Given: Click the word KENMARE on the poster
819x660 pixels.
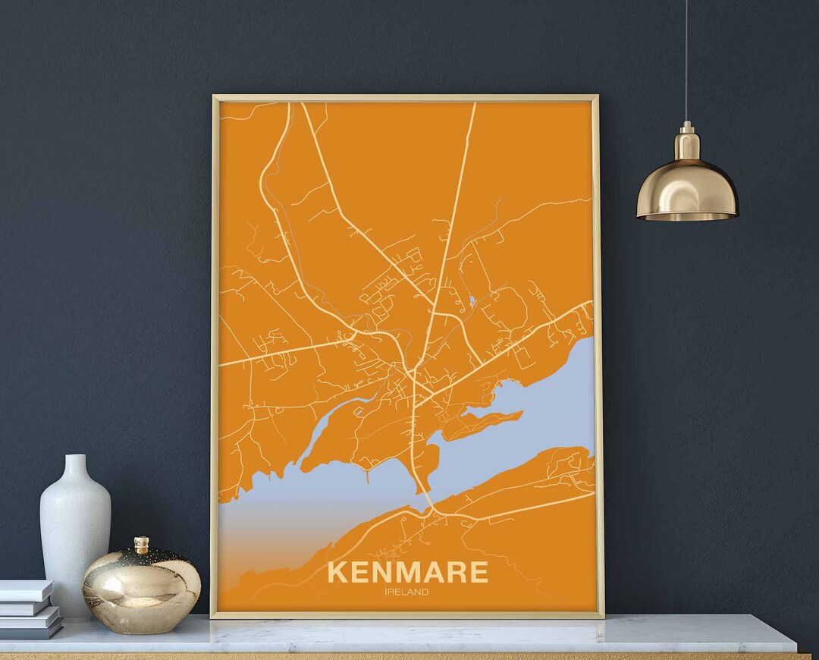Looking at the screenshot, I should (407, 572).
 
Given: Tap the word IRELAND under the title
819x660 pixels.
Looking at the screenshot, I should (406, 592).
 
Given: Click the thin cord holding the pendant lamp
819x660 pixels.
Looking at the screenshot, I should (686, 61).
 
